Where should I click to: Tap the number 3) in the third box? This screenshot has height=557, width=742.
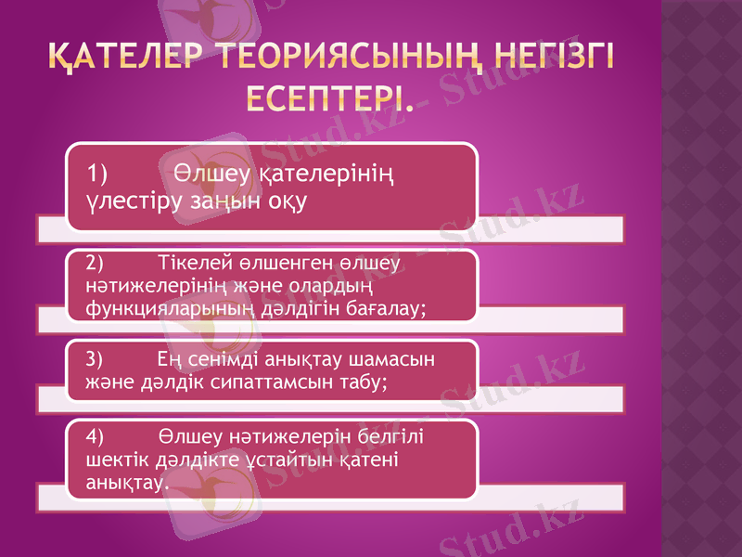(x=95, y=358)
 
